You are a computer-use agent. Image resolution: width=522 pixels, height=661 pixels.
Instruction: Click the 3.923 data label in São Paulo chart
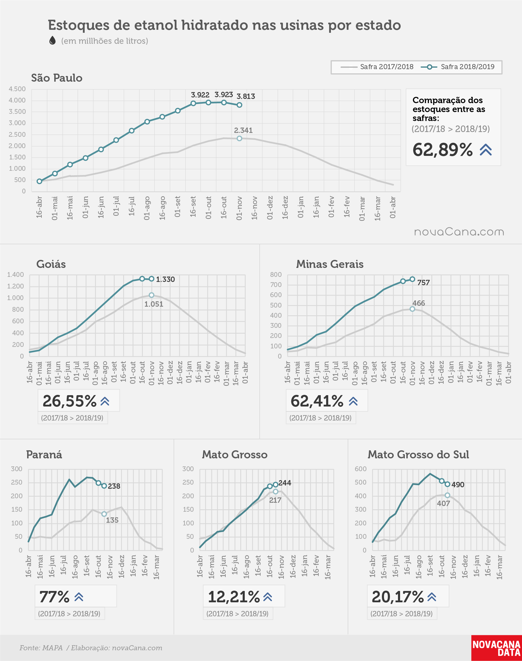[x=224, y=95]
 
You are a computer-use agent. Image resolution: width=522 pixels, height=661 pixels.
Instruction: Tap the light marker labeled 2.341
[x=239, y=138]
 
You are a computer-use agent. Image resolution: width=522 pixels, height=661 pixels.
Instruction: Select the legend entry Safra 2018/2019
[x=458, y=67]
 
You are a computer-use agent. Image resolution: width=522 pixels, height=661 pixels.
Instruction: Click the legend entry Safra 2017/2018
[x=377, y=67]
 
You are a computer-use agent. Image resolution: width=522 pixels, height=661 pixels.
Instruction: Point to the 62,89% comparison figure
[x=442, y=150]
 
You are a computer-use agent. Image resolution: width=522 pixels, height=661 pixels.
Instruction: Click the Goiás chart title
[x=51, y=264]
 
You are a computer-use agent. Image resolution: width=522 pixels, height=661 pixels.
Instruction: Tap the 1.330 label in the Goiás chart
[x=165, y=279]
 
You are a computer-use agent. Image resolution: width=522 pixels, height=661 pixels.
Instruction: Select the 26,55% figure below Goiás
[x=70, y=401]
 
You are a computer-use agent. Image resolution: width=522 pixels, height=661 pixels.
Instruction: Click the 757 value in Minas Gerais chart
[x=423, y=283]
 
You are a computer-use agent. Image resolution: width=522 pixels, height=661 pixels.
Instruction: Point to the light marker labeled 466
[x=412, y=309]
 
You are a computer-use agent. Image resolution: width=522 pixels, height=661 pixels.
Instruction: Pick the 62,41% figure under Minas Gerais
[x=317, y=401]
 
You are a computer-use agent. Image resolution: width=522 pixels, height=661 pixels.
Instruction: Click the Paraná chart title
[x=44, y=454]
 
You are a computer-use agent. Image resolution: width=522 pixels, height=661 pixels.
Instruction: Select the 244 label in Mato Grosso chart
[x=284, y=482]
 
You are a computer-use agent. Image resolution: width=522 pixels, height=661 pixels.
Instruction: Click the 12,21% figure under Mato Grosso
[x=234, y=597]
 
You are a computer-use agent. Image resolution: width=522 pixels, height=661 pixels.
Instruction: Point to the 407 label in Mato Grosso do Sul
[x=444, y=503]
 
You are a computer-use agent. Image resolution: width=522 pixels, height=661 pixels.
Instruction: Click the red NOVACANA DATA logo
[x=496, y=648]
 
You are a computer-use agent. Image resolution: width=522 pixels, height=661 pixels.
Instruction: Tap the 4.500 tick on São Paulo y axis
[x=17, y=89]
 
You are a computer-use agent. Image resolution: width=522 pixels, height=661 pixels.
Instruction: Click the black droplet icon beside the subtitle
[x=52, y=40]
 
